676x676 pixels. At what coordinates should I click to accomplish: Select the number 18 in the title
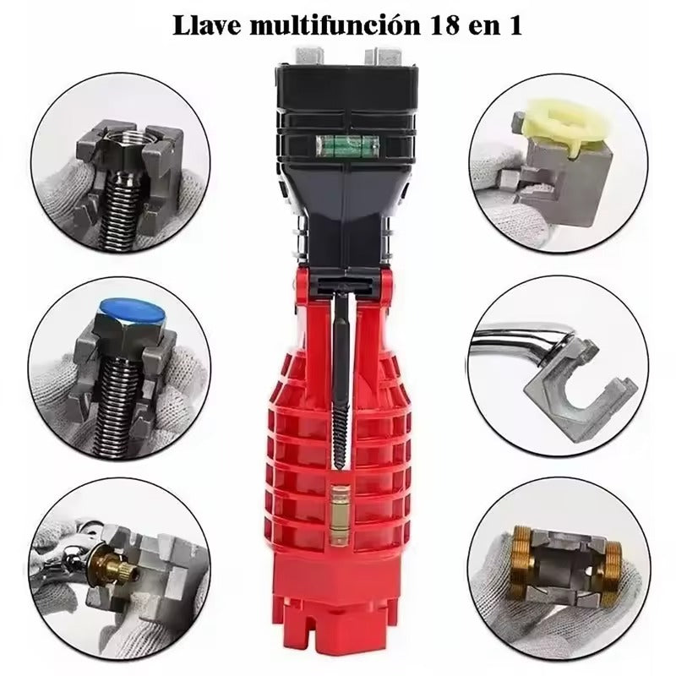432,25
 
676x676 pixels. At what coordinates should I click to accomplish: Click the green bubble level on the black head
330,144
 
